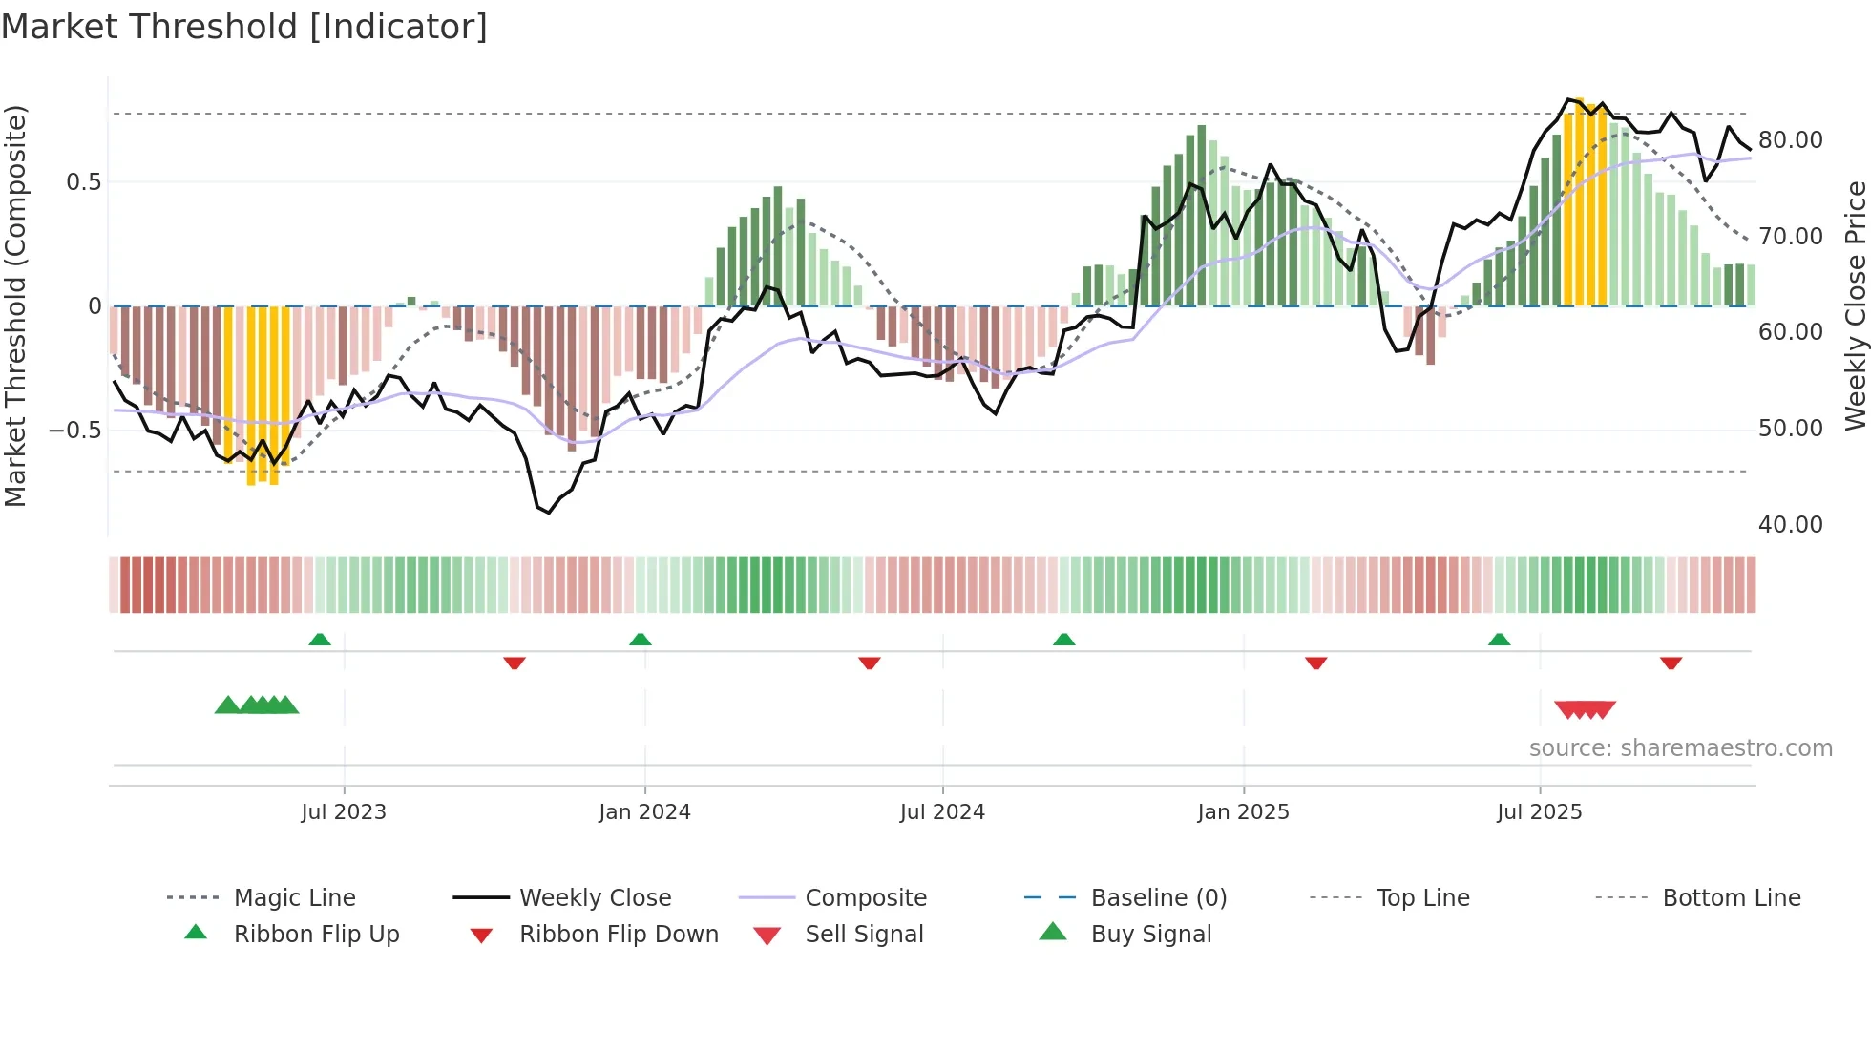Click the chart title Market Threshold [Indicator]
[244, 27]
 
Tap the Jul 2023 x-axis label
[344, 811]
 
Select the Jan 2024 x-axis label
[644, 811]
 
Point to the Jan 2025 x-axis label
[1243, 811]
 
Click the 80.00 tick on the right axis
[1790, 140]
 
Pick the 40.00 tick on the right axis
[1790, 524]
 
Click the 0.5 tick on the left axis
[83, 181]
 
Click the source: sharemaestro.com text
[1680, 747]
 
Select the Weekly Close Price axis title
[1855, 305]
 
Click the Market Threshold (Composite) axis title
[15, 305]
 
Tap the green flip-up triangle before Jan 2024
[641, 640]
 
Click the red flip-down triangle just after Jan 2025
[1315, 663]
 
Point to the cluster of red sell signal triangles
[1585, 709]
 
